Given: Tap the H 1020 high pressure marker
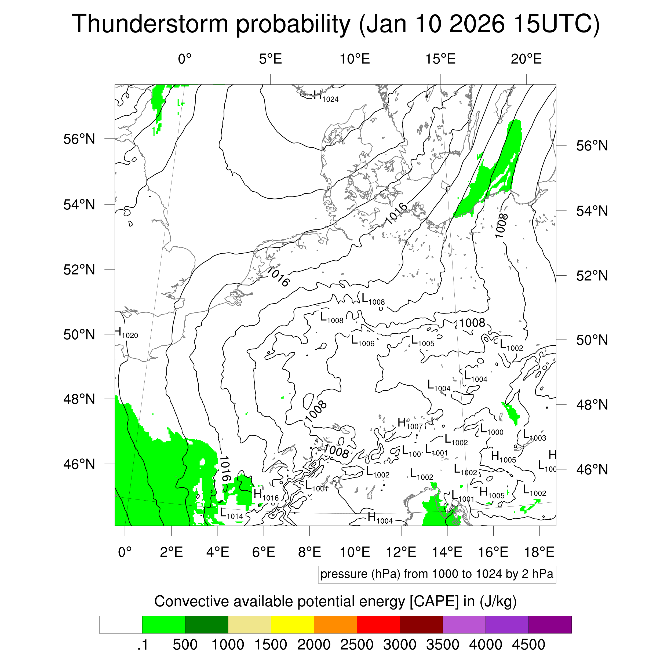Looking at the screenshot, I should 126,333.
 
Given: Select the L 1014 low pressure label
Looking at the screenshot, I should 231,514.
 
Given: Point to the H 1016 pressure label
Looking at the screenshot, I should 266,495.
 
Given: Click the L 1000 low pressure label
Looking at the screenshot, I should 491,430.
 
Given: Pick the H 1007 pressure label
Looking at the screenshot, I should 410,424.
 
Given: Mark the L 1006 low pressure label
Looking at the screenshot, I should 363,341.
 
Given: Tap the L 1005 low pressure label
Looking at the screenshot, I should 422,341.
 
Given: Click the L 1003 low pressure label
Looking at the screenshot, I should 534,436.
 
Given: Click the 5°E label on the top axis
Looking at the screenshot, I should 270,59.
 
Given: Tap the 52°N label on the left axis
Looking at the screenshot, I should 79,269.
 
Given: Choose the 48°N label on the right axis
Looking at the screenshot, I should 592,405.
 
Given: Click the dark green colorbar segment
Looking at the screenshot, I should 207,625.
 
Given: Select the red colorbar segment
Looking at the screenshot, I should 378,625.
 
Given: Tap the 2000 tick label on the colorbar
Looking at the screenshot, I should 313,645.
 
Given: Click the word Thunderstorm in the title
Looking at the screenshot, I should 150,24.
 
